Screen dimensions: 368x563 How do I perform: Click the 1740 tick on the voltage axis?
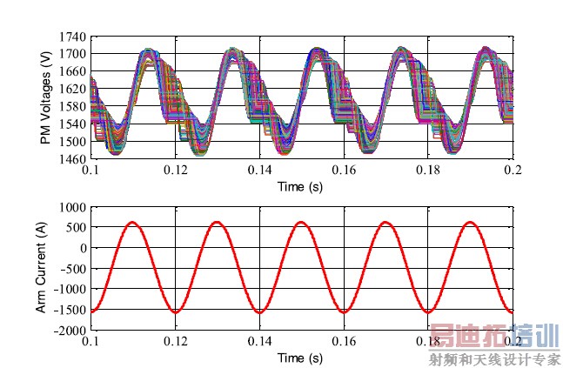(73, 37)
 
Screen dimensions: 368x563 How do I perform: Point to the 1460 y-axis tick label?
(73, 159)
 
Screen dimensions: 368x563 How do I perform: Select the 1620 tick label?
(73, 90)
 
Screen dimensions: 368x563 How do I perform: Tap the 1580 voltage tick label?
(73, 107)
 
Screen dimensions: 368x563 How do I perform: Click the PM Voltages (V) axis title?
(45, 98)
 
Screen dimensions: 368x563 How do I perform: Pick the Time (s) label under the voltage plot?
(300, 186)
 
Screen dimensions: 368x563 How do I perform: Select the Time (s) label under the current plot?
(300, 358)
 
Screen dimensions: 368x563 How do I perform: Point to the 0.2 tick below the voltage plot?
(513, 171)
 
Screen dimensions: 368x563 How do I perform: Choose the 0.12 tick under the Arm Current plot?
(175, 342)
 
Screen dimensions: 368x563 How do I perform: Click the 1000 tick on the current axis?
(73, 208)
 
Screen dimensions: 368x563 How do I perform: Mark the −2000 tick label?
(70, 331)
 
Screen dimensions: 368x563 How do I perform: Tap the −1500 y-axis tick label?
(70, 311)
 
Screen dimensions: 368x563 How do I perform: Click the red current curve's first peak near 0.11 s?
(132, 223)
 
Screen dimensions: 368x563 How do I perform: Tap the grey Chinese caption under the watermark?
(494, 358)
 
